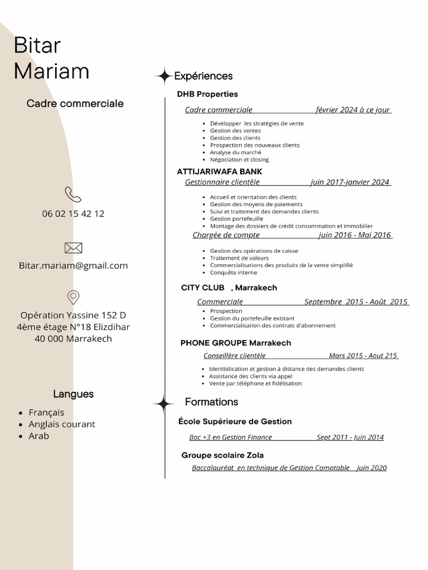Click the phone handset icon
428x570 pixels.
tap(73, 194)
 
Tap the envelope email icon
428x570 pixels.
tap(73, 248)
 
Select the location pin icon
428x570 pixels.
tap(73, 297)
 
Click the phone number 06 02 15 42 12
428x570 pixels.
tap(73, 214)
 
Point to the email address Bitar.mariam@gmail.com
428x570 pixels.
tap(73, 266)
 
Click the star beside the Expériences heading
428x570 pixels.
tap(164, 76)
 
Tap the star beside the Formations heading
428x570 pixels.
tap(164, 403)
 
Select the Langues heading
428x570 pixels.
tap(73, 394)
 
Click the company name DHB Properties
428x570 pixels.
tap(207, 94)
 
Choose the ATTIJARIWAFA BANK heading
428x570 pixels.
tap(219, 171)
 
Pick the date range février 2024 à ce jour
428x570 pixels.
tap(352, 110)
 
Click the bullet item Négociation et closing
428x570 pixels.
tap(239, 160)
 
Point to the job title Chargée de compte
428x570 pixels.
tap(226, 235)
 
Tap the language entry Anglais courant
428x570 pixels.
tap(62, 424)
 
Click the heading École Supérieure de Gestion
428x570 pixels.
tap(235, 421)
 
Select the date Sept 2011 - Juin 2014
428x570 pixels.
tap(350, 438)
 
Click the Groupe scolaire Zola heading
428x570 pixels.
tap(222, 455)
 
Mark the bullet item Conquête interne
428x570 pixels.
tap(234, 273)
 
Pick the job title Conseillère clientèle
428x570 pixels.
tap(235, 356)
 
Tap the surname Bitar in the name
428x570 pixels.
tap(37, 46)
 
